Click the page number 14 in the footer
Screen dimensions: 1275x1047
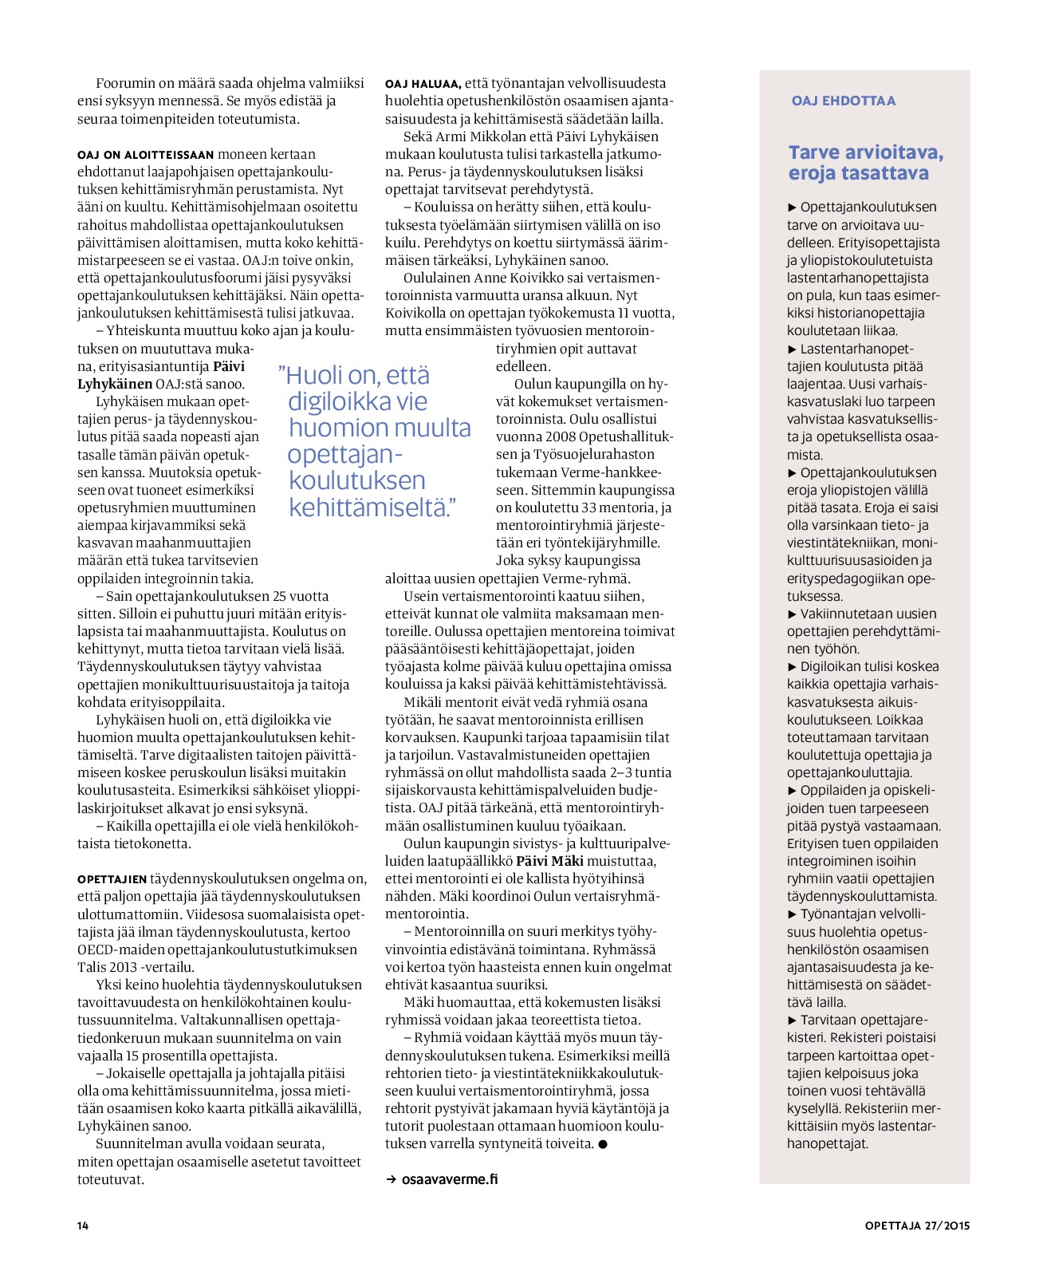pyautogui.click(x=83, y=1226)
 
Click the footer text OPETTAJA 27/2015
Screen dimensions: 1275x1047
pyautogui.click(x=917, y=1226)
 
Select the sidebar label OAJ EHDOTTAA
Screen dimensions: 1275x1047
pyautogui.click(x=844, y=101)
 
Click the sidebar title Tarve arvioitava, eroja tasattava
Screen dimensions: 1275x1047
pyautogui.click(x=865, y=163)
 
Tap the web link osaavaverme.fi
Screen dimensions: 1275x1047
pyautogui.click(x=450, y=1178)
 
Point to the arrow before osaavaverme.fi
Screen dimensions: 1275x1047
pyautogui.click(x=392, y=1179)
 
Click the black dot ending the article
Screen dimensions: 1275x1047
pyautogui.click(x=603, y=1144)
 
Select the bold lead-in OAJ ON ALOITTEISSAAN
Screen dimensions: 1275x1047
pyautogui.click(x=146, y=155)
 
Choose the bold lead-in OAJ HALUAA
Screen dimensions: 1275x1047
pyautogui.click(x=423, y=84)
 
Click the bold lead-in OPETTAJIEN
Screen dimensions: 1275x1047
pyautogui.click(x=112, y=879)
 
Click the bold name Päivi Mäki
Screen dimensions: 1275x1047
pyautogui.click(x=550, y=861)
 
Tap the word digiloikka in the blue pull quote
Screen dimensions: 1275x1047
pyautogui.click(x=357, y=401)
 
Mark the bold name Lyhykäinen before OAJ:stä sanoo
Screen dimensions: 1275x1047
pyautogui.click(x=115, y=384)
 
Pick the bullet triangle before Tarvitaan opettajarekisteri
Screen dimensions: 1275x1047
pyautogui.click(x=792, y=1020)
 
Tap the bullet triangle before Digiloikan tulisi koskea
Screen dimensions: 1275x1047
pyautogui.click(x=792, y=667)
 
